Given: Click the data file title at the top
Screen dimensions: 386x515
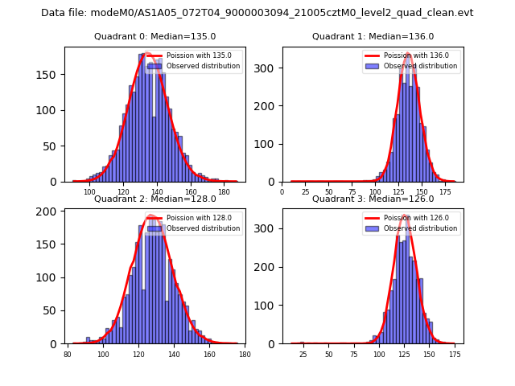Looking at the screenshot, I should [257, 13].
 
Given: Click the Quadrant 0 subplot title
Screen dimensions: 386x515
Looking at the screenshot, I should [155, 36].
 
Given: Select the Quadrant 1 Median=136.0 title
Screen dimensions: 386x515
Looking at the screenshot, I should [373, 36].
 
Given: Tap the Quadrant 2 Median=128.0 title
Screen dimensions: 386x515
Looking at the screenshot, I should [155, 199].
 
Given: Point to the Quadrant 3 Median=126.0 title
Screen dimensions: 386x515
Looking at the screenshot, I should [373, 199].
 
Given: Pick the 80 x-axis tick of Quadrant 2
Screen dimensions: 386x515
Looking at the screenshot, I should [68, 355].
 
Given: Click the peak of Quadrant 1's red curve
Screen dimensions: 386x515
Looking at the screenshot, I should [408, 54].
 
